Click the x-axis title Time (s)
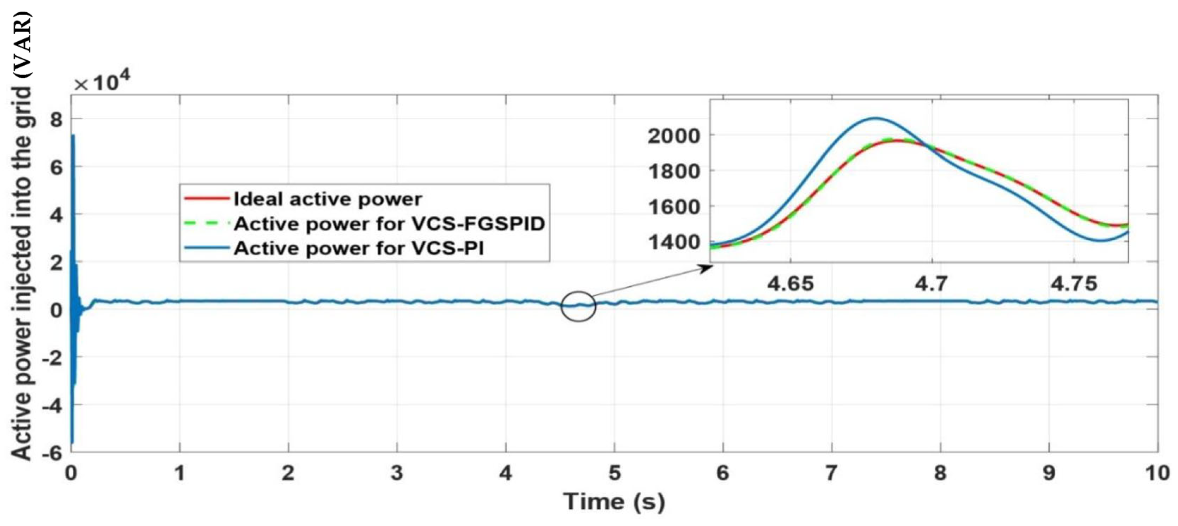pos(614,502)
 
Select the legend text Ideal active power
pos(328,199)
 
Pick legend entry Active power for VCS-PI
pos(359,249)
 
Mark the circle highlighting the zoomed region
pos(579,306)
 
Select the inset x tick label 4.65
pos(790,284)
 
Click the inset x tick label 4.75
pos(1074,284)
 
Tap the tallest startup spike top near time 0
pos(73,136)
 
